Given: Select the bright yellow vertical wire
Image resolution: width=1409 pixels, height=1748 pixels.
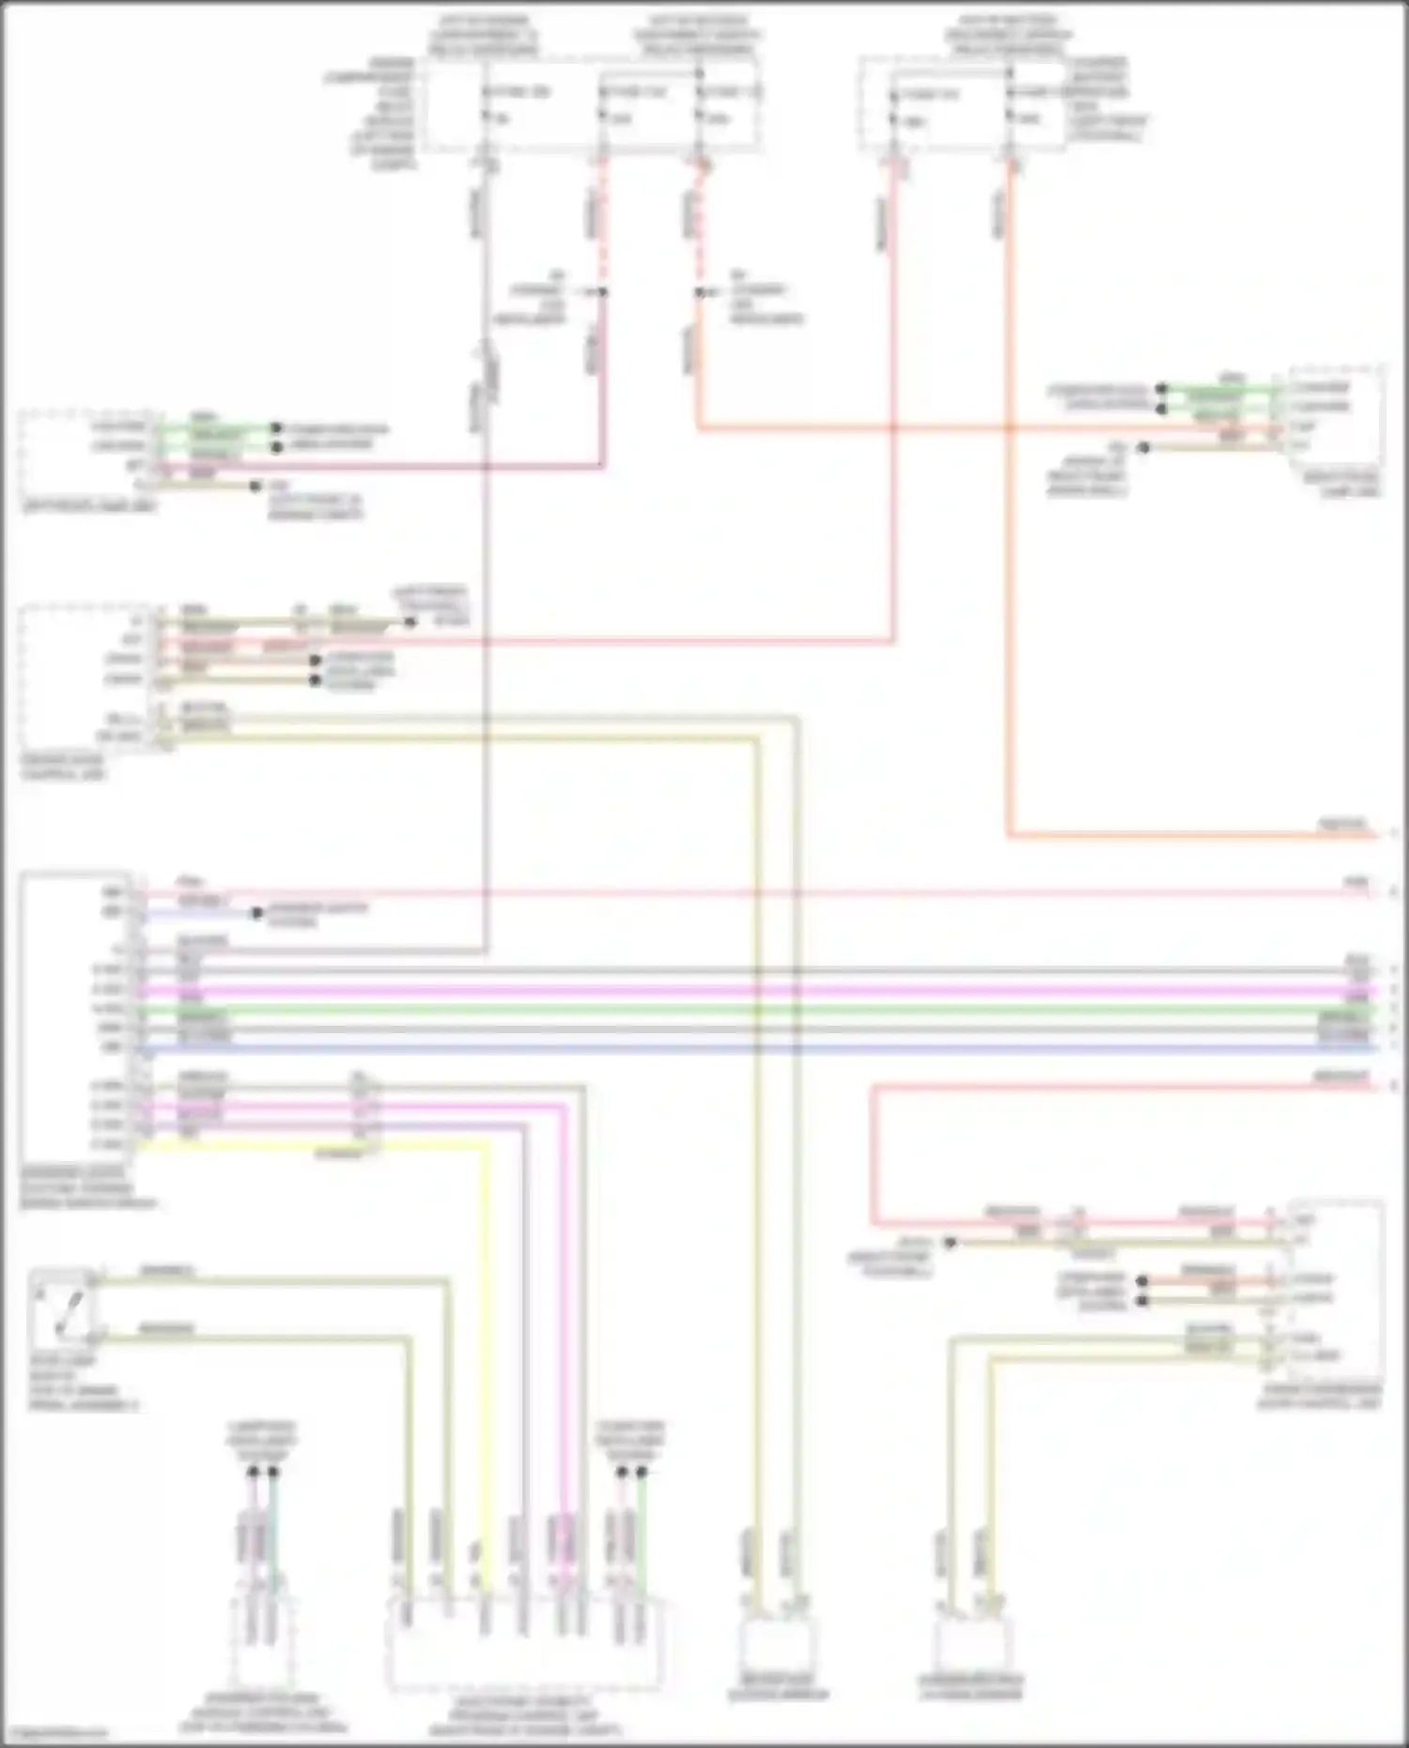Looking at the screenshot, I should point(488,1362).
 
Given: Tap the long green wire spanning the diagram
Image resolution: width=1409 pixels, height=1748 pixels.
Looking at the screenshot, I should point(751,1010).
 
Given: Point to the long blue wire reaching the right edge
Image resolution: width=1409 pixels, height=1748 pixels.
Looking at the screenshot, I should point(751,1047).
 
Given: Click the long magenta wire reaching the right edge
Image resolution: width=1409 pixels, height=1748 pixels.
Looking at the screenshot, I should point(751,990).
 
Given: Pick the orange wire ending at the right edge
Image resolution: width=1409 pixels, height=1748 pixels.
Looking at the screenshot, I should point(1193,834).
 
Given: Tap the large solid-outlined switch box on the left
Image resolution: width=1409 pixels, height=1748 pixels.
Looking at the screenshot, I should point(75,1019).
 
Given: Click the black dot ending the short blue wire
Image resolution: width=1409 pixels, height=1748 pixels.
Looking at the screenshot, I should point(256,913).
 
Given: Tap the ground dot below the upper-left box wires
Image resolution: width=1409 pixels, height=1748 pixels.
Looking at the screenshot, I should point(255,486).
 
